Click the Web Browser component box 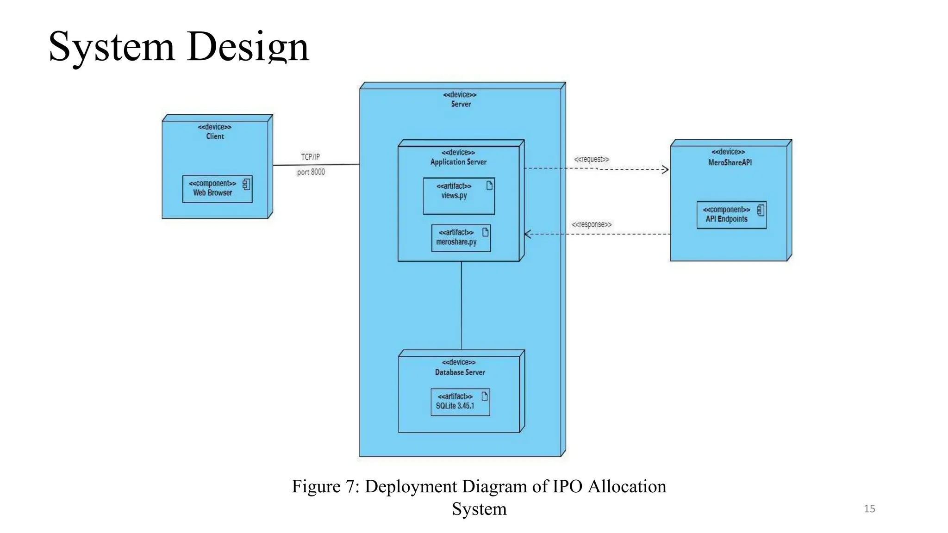[x=217, y=189]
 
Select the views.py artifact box [x=459, y=196]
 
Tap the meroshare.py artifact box [x=461, y=238]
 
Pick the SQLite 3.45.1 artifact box [x=460, y=402]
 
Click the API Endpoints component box [x=731, y=215]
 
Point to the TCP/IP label [x=310, y=157]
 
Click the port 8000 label [x=311, y=172]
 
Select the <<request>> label [x=592, y=159]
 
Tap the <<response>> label [x=592, y=225]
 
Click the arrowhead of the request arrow [x=666, y=170]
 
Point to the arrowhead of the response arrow [x=528, y=234]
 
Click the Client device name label [x=215, y=136]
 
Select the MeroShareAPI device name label [x=730, y=162]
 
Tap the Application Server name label [x=458, y=162]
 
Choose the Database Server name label [x=460, y=372]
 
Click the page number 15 [x=869, y=509]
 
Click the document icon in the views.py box [x=489, y=186]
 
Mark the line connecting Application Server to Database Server [x=462, y=305]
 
